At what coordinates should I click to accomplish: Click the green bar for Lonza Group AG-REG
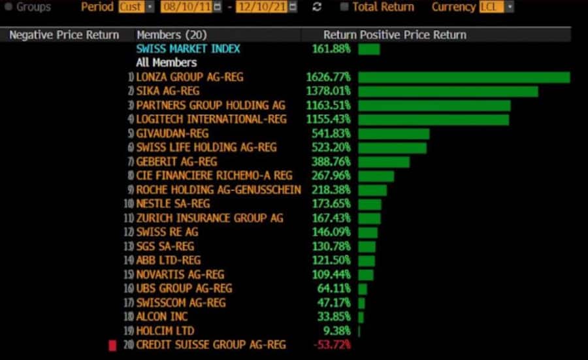pos(464,77)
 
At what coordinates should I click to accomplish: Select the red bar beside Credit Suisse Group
pos(112,344)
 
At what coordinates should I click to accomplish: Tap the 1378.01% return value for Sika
pos(328,91)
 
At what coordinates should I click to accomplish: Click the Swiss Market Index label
pos(188,49)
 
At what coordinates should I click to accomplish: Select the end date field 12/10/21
pos(259,7)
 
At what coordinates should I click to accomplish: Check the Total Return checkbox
pos(344,7)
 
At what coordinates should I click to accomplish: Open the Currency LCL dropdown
pos(496,7)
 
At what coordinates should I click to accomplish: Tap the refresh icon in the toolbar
pos(317,7)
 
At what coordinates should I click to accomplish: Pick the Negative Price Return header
pos(64,35)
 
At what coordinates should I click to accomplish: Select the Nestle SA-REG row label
pos(173,204)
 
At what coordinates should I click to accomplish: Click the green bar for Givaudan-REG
pos(393,133)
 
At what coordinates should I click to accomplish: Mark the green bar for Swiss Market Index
pos(368,49)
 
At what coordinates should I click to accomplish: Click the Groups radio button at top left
pos(8,7)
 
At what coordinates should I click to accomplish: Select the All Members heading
pos(166,63)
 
